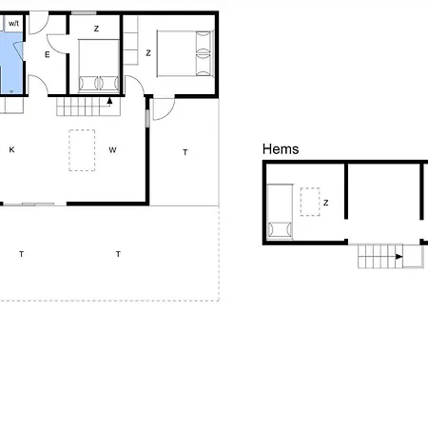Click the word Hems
[281, 149]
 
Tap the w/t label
[13, 24]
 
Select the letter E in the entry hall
[48, 55]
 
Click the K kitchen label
[11, 149]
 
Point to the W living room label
[112, 150]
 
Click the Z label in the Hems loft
[325, 203]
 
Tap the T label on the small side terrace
[185, 152]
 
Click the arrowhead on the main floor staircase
[109, 101]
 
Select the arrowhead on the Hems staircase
[399, 257]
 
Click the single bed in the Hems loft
[280, 211]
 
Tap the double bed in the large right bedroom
[185, 53]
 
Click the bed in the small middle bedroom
[99, 66]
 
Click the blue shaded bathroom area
[11, 64]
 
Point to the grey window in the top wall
[84, 13]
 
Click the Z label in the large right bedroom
[148, 53]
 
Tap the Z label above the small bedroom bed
[96, 29]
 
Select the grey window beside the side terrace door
[147, 118]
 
